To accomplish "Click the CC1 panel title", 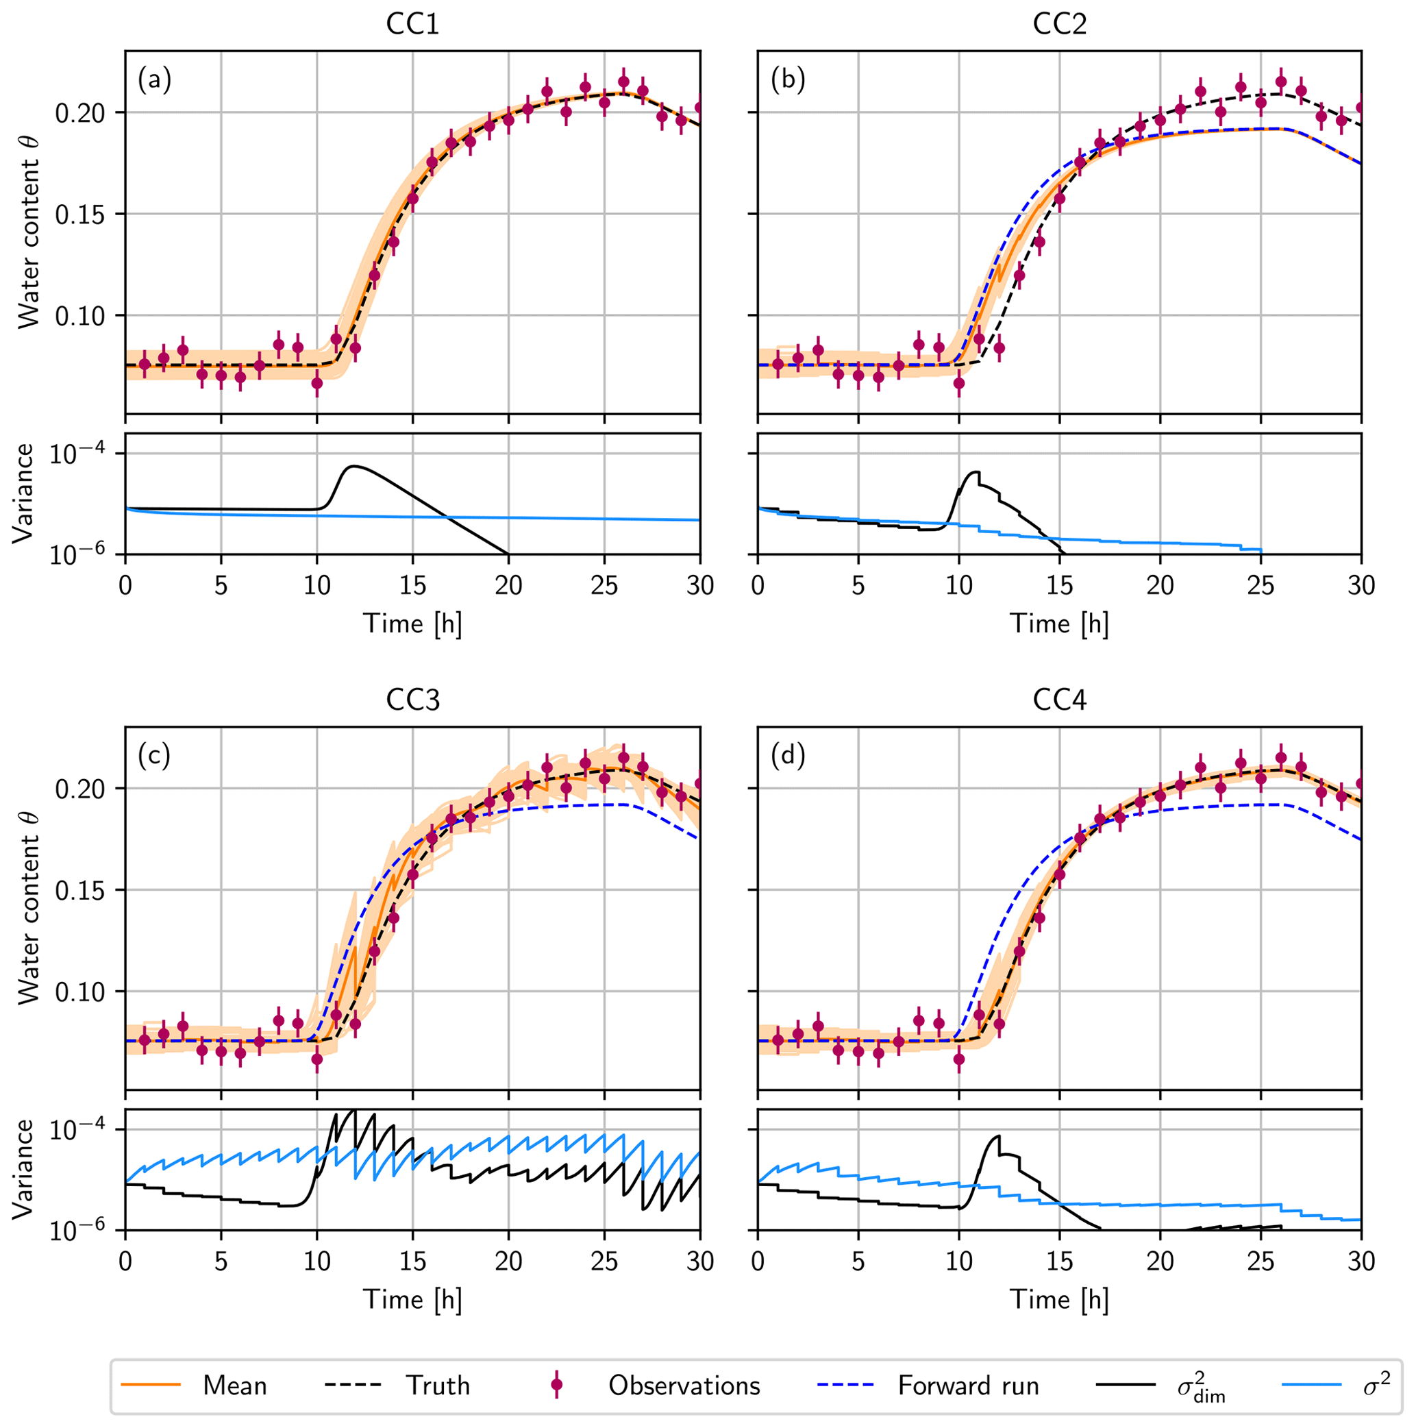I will [x=412, y=25].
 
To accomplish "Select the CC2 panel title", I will [x=1059, y=25].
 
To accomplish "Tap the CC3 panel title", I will [x=412, y=699].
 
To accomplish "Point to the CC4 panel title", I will [x=1059, y=699].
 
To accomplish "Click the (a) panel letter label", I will [x=153, y=79].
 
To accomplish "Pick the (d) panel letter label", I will [x=788, y=755].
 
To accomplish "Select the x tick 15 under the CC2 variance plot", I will [x=1060, y=585].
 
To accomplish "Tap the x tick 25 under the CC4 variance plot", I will [x=1260, y=1261].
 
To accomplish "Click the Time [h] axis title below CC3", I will [x=412, y=1299].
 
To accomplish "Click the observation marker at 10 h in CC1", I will [x=317, y=383].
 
